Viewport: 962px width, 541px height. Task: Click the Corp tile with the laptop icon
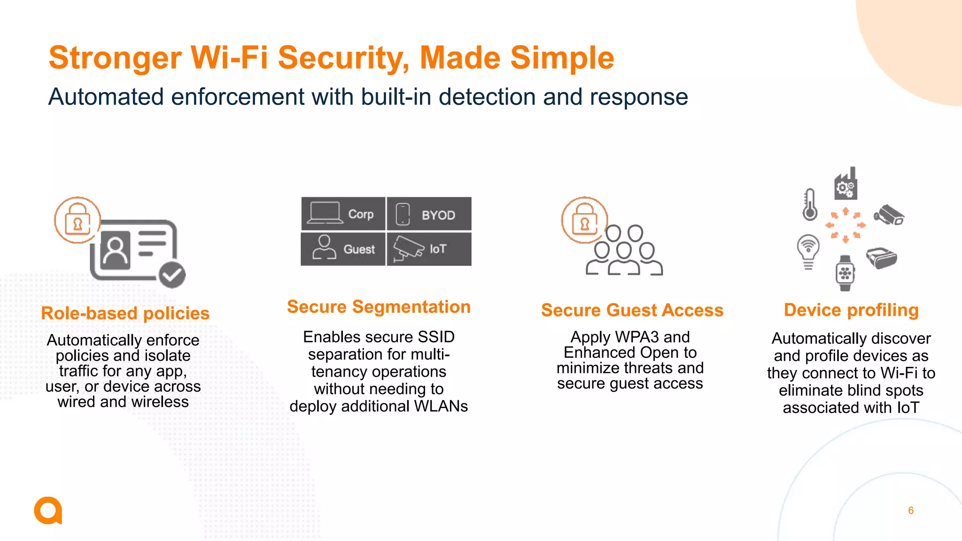pos(343,214)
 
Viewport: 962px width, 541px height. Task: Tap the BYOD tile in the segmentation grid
pos(429,214)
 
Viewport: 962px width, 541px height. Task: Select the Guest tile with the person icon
pos(343,249)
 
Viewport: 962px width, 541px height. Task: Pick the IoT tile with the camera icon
pos(429,249)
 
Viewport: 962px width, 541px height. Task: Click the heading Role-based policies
pos(125,313)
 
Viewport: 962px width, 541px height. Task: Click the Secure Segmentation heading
pos(379,307)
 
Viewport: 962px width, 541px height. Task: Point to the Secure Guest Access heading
pos(632,310)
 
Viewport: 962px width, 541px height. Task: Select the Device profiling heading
pos(851,310)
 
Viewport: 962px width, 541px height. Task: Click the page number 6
pos(911,510)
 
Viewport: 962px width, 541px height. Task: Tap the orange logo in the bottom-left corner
pos(48,510)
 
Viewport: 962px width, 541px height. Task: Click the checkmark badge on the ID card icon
pos(172,275)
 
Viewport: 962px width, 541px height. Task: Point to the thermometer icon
pos(810,205)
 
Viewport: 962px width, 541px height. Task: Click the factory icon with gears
pos(846,184)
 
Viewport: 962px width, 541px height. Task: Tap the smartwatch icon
pos(845,273)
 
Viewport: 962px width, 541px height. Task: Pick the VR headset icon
pos(881,258)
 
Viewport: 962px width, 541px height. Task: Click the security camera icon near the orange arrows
pos(889,215)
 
